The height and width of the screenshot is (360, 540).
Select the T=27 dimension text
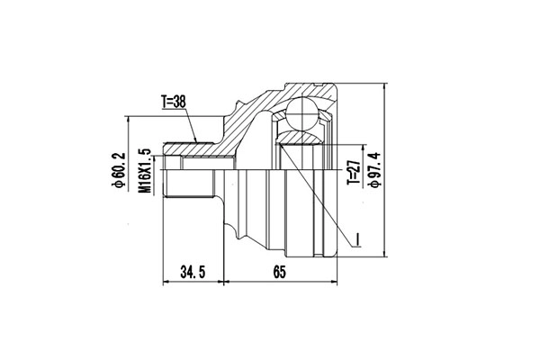tap(355, 170)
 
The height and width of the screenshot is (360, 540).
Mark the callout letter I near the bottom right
tap(356, 238)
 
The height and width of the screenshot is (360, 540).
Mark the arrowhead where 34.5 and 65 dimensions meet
tap(221, 283)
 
